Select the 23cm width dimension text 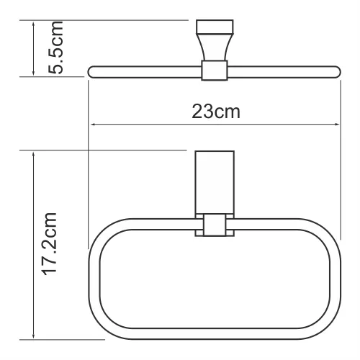tap(215, 112)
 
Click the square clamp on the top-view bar tap(214, 71)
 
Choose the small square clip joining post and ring tap(215, 226)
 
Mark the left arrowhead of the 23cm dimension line tap(91, 124)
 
